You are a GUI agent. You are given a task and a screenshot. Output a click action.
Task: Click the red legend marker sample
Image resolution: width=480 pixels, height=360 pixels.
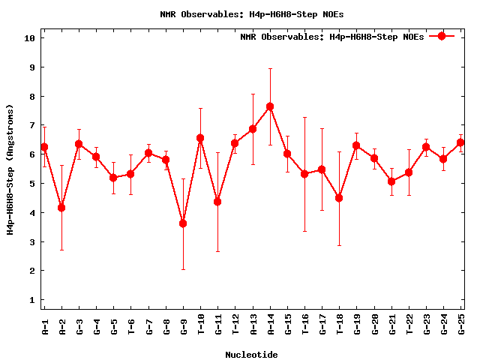tap(442, 36)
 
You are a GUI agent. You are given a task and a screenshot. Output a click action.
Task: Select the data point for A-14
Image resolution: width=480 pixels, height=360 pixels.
tap(270, 106)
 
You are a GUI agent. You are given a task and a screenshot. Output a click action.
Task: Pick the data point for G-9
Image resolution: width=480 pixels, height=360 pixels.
tap(183, 223)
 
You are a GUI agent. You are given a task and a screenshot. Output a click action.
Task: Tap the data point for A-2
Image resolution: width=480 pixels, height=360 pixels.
tap(61, 208)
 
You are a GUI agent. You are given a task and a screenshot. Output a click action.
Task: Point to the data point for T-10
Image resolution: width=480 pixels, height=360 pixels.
tap(200, 138)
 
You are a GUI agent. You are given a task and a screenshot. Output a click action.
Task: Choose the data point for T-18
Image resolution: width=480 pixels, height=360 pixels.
tap(339, 198)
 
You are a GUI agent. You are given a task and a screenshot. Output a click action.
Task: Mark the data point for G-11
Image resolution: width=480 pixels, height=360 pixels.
tap(217, 202)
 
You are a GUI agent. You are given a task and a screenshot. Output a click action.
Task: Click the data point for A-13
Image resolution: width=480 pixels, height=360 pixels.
tap(253, 129)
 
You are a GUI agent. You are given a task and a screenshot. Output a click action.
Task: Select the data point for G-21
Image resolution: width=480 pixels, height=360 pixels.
tap(391, 181)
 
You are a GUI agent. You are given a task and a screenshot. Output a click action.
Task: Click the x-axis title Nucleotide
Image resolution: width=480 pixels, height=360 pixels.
tap(251, 355)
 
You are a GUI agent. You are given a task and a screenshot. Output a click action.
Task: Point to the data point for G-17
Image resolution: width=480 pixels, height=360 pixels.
tap(322, 169)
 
